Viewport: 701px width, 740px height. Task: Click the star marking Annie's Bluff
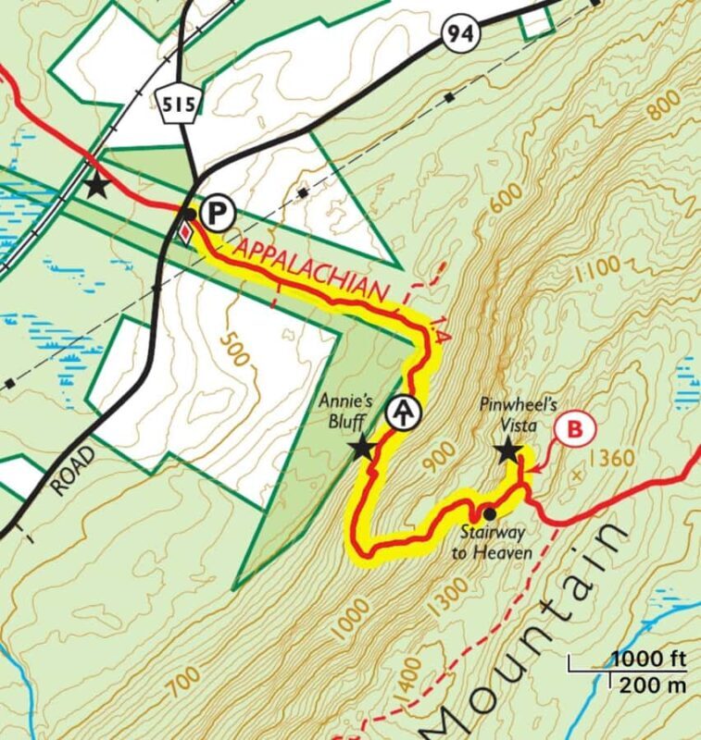[x=361, y=450]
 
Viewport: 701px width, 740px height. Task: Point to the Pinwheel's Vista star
[x=507, y=451]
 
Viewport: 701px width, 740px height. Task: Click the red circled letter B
[x=576, y=428]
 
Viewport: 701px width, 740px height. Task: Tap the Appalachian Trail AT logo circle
[x=401, y=413]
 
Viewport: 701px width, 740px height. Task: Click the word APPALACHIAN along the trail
[x=310, y=272]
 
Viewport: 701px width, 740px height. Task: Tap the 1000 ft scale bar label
[x=647, y=660]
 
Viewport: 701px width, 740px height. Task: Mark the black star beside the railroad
[x=96, y=186]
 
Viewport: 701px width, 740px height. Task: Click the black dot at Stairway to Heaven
[x=489, y=513]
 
